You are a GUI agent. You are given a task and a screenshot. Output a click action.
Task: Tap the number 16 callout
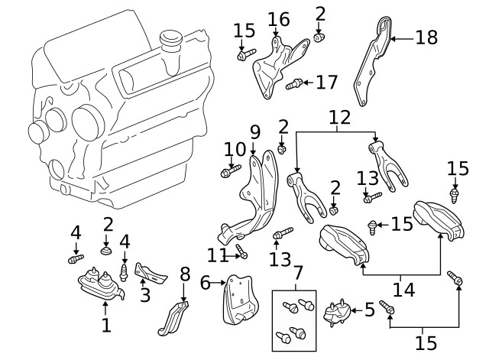[x=278, y=19]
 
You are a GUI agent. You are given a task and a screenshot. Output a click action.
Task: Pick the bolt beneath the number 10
[x=227, y=174]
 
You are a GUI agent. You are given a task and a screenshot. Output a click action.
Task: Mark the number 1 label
[x=106, y=326]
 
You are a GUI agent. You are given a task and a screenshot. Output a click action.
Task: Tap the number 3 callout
[x=144, y=294]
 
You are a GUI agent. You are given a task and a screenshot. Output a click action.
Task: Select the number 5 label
[x=369, y=310]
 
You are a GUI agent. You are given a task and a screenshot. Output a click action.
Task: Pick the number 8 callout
[x=183, y=273]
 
